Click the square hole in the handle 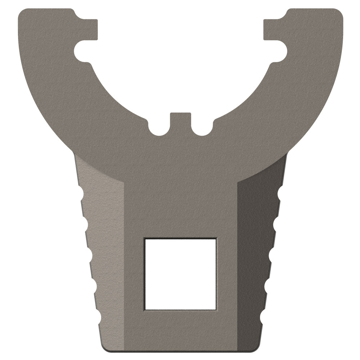tap(180, 274)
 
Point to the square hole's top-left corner tap(145, 239)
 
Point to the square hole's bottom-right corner tap(216, 309)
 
